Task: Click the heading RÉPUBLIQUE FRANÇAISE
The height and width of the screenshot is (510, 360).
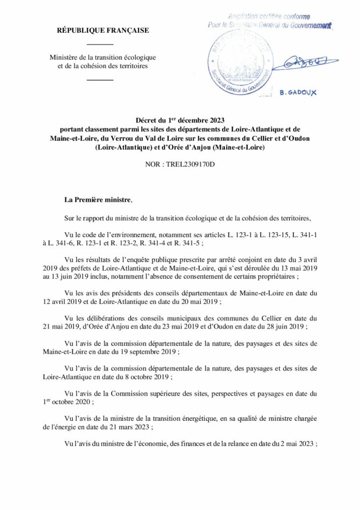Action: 103,31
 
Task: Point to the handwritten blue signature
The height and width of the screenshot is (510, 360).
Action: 302,63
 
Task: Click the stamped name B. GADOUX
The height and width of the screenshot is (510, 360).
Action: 298,92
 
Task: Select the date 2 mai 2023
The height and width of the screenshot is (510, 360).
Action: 296,443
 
